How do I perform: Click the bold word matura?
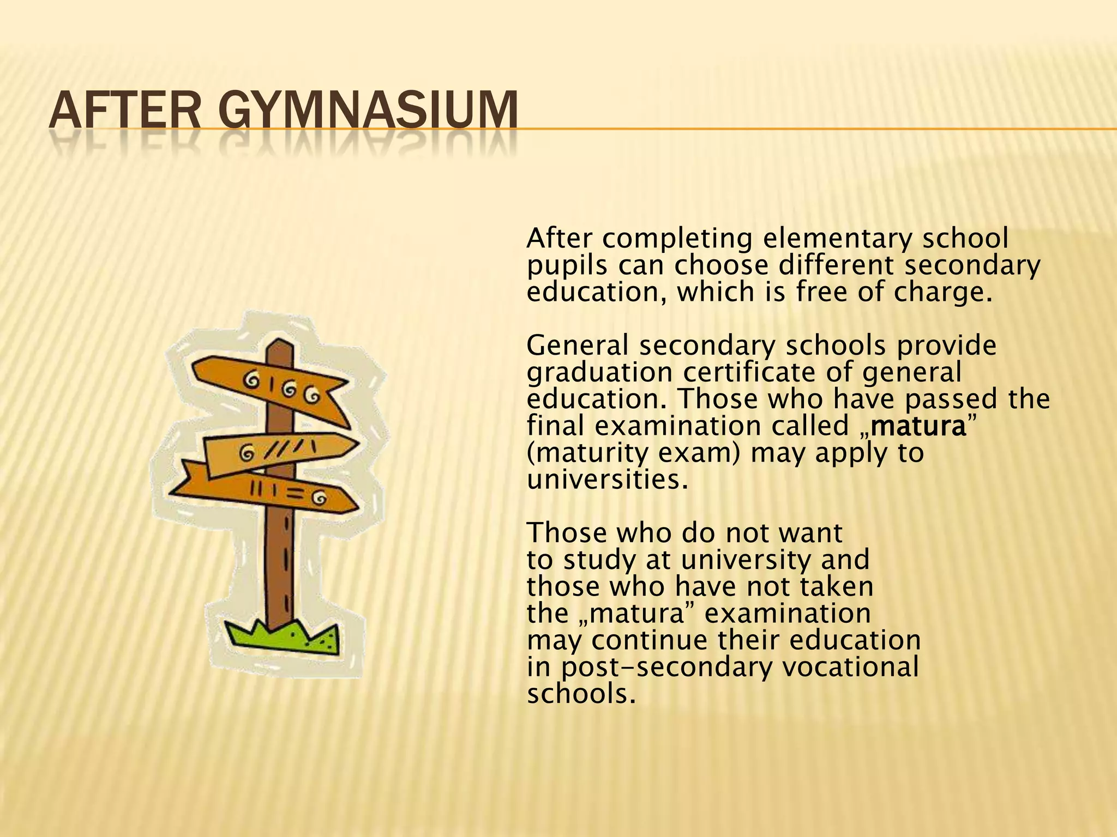click(x=917, y=426)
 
